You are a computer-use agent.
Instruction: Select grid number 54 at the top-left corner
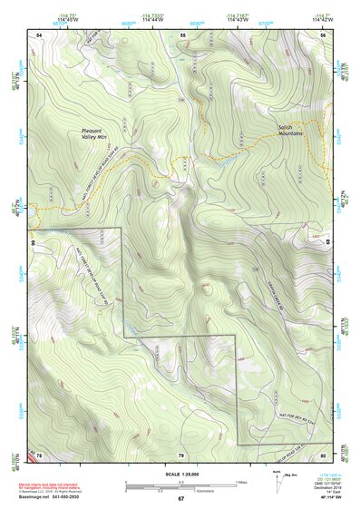point(39,34)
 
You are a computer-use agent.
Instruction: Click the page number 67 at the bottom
point(180,499)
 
